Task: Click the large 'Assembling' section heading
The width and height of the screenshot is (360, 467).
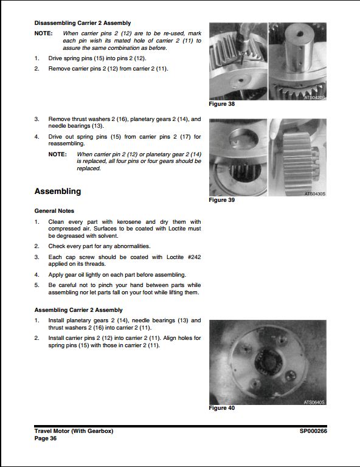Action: (58, 192)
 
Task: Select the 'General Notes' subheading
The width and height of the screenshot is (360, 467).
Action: (54, 211)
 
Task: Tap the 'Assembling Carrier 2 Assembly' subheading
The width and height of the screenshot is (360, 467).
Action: (78, 310)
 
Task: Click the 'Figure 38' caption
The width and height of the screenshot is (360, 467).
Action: (221, 105)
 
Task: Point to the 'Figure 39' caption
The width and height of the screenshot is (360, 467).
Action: (221, 200)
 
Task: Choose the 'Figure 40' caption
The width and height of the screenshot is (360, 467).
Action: (221, 408)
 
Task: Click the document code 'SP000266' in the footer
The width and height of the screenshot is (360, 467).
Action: (313, 431)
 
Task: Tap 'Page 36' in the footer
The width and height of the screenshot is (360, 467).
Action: (46, 438)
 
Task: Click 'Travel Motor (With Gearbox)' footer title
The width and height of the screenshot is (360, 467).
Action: (74, 431)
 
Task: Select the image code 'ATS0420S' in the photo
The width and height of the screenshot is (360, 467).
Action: (314, 97)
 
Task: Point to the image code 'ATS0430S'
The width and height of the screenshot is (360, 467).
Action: (314, 193)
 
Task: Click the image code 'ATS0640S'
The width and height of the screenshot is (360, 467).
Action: (314, 402)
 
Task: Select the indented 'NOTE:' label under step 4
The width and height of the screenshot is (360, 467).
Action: (57, 154)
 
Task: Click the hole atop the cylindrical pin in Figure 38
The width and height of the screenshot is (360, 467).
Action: (298, 31)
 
